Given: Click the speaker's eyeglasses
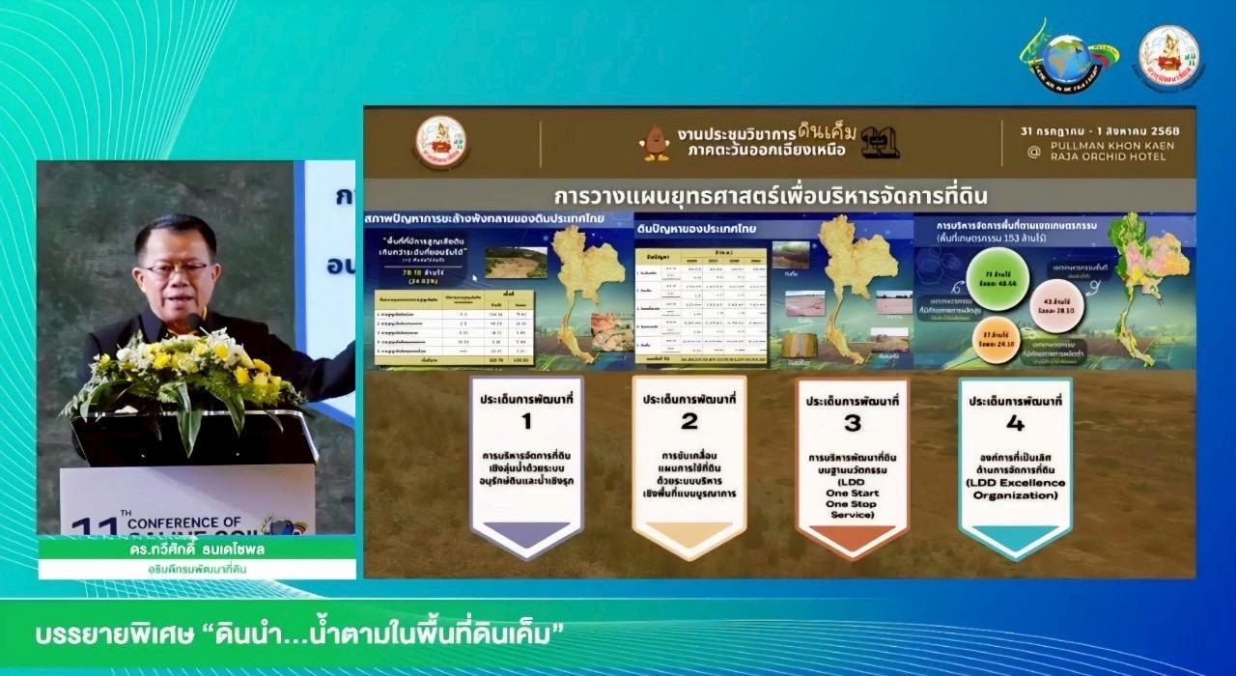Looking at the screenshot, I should pyautogui.click(x=175, y=269).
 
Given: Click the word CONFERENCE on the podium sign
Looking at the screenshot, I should pyautogui.click(x=184, y=522).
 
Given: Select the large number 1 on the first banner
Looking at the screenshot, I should pyautogui.click(x=526, y=421).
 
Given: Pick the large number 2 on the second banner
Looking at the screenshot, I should pyautogui.click(x=688, y=421).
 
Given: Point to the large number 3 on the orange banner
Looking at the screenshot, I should pyautogui.click(x=851, y=421).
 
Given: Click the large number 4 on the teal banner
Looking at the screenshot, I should pyautogui.click(x=1014, y=421).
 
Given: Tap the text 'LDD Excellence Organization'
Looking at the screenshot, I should pyautogui.click(x=1015, y=489).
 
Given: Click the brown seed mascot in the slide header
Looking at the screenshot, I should pyautogui.click(x=657, y=142).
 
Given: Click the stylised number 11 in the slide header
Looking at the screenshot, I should pyautogui.click(x=881, y=143).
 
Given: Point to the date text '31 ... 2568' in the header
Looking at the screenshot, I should pyautogui.click(x=1100, y=129).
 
